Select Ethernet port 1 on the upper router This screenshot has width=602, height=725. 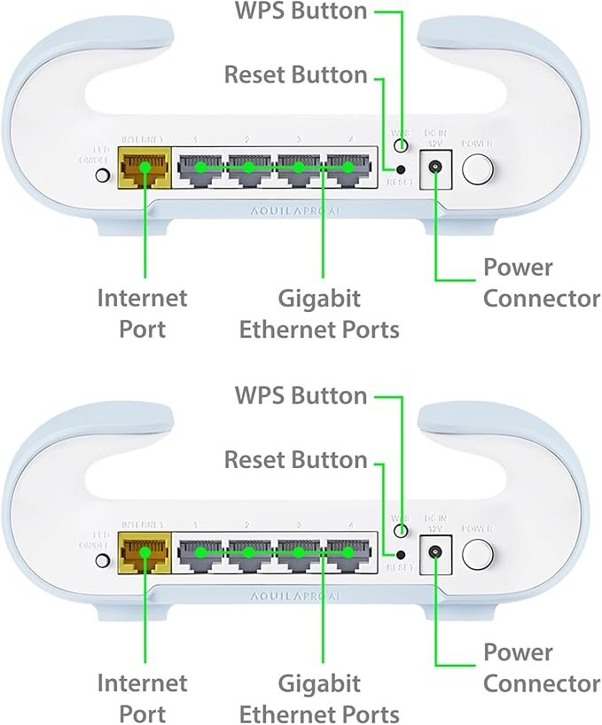[201, 168]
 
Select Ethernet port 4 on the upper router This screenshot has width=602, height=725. [348, 168]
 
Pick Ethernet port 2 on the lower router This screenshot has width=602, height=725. [250, 552]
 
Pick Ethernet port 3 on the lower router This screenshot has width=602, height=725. [300, 552]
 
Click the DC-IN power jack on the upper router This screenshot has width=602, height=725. [435, 167]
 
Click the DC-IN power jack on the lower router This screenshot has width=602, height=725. [435, 551]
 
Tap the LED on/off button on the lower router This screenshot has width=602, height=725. [102, 560]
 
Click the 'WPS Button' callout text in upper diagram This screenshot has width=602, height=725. [299, 12]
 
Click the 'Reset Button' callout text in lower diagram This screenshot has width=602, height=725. [295, 461]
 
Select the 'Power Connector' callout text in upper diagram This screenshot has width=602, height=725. [541, 283]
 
